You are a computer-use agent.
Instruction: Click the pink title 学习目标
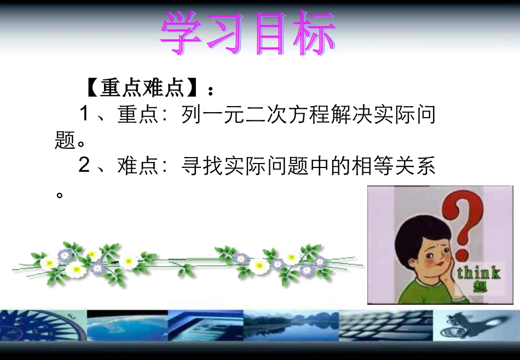247,33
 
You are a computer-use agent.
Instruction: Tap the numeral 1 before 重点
84,114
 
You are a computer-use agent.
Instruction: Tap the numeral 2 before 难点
84,166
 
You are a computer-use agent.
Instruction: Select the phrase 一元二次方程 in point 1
244,115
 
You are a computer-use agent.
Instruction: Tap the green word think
477,272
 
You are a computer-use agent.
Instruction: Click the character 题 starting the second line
65,141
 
